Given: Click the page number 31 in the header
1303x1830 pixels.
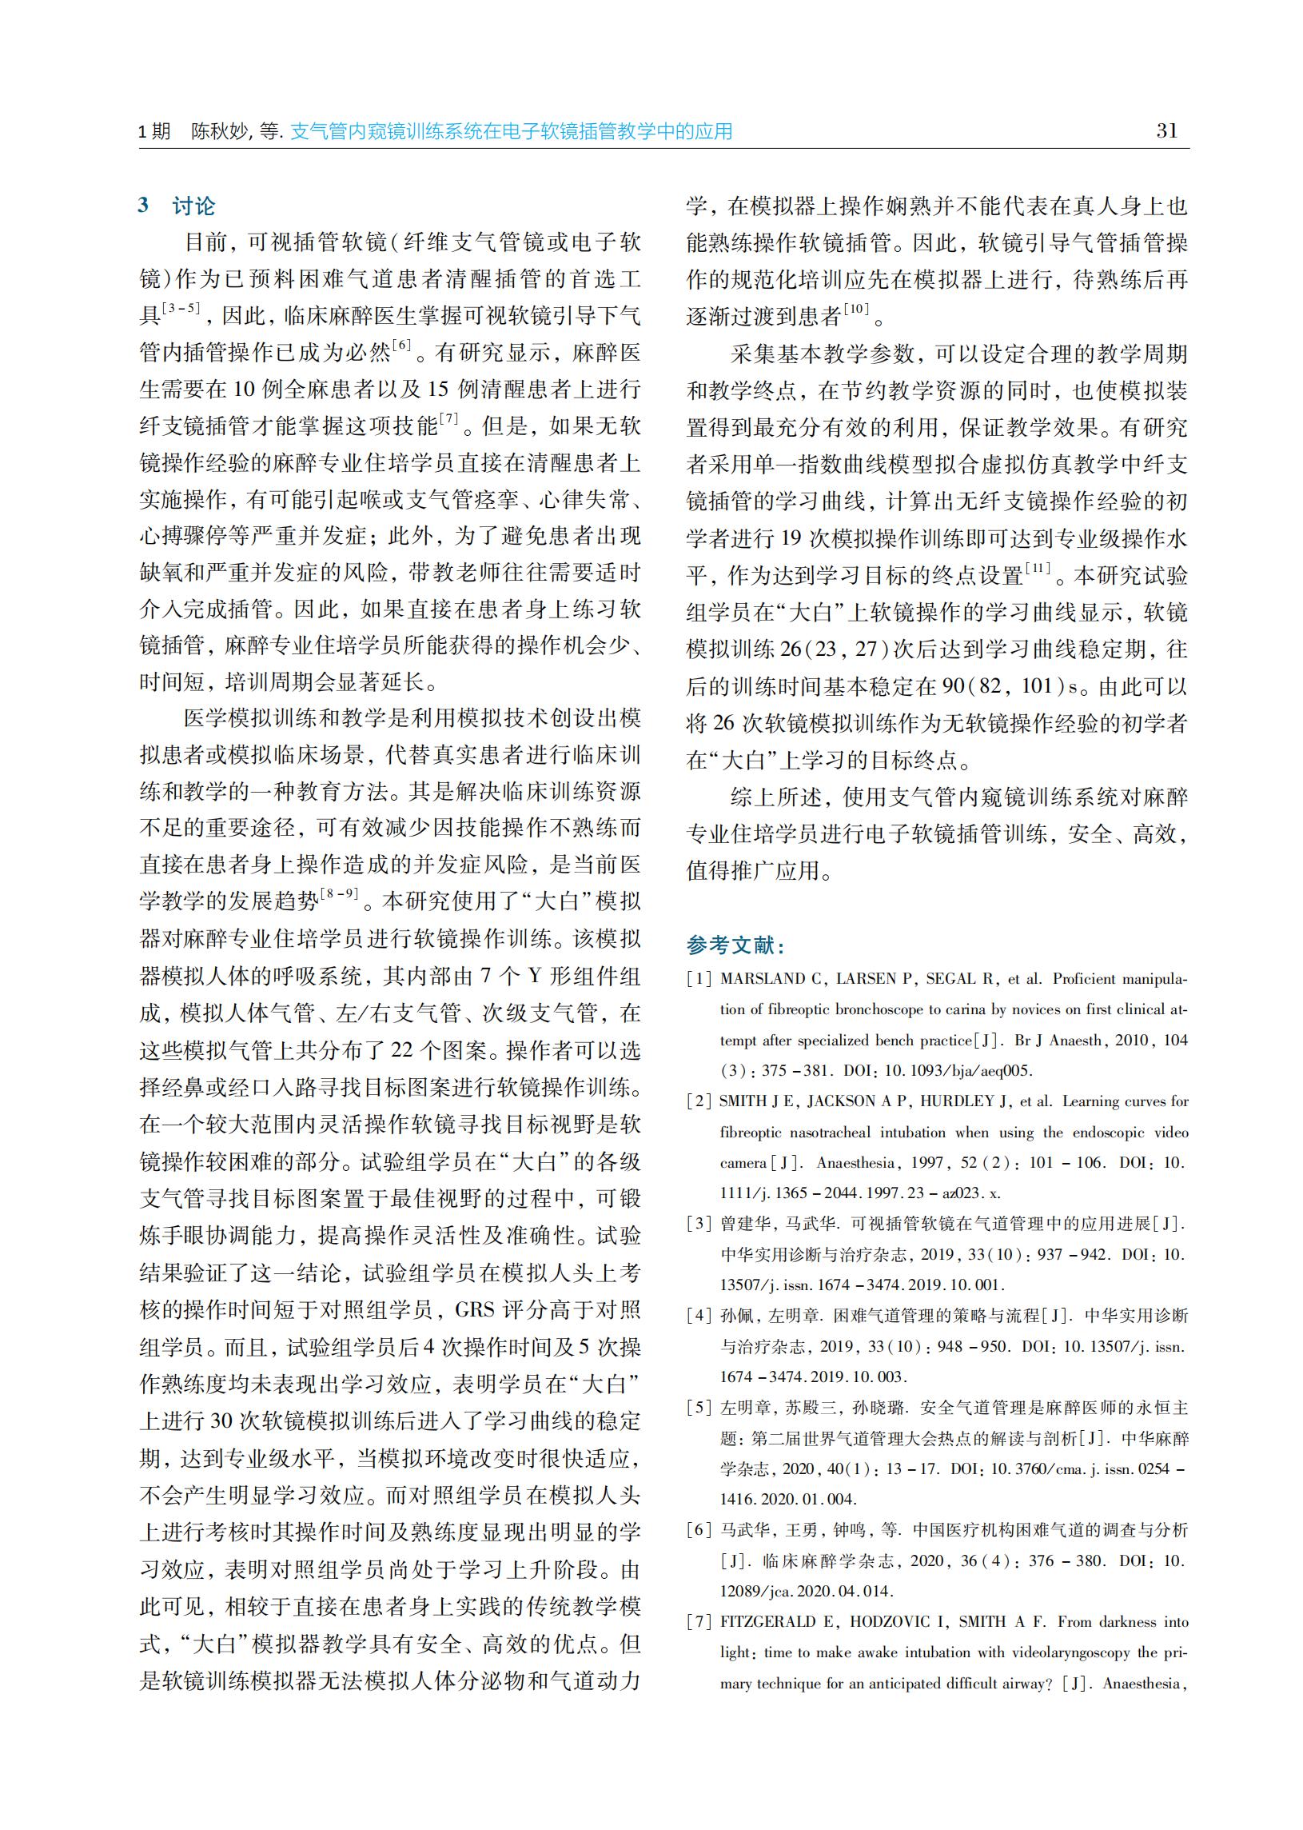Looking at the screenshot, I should point(1166,131).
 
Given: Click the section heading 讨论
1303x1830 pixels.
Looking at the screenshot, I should point(193,206).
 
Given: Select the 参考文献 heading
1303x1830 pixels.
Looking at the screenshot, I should point(735,945).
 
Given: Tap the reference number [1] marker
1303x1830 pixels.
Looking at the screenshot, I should point(699,979).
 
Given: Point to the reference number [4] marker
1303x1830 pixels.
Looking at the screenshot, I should point(699,1316).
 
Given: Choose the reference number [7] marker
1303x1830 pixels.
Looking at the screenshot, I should point(699,1621).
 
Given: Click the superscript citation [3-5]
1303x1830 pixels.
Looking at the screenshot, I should point(181,308).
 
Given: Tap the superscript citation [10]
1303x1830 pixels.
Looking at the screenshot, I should point(856,309).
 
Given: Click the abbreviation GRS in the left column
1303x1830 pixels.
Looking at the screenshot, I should point(475,1310).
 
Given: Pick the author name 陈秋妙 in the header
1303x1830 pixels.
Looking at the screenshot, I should point(219,132).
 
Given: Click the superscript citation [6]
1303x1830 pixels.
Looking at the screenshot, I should point(401,346).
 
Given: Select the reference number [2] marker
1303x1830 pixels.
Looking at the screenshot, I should point(699,1101).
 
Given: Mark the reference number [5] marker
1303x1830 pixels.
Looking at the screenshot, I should point(699,1407).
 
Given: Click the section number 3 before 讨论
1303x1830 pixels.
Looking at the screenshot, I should point(144,206).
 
